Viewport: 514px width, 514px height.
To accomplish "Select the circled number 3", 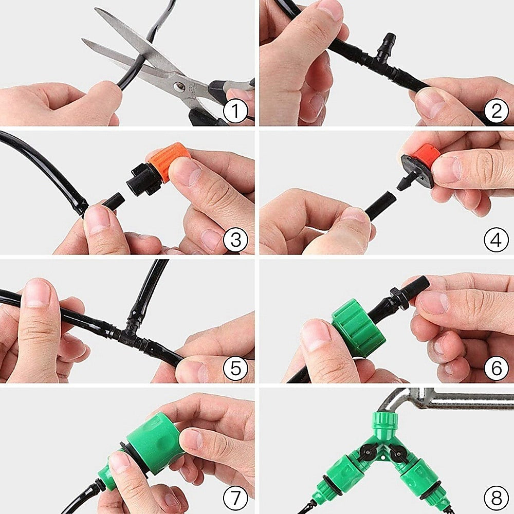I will [236, 240].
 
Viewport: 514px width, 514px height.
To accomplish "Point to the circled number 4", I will [496, 240].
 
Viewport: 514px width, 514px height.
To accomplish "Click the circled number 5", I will [236, 369].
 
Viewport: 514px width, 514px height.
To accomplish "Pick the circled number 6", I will [496, 369].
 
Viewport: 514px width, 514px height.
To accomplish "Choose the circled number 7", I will [236, 497].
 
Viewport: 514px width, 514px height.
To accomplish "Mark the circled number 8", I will [496, 497].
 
